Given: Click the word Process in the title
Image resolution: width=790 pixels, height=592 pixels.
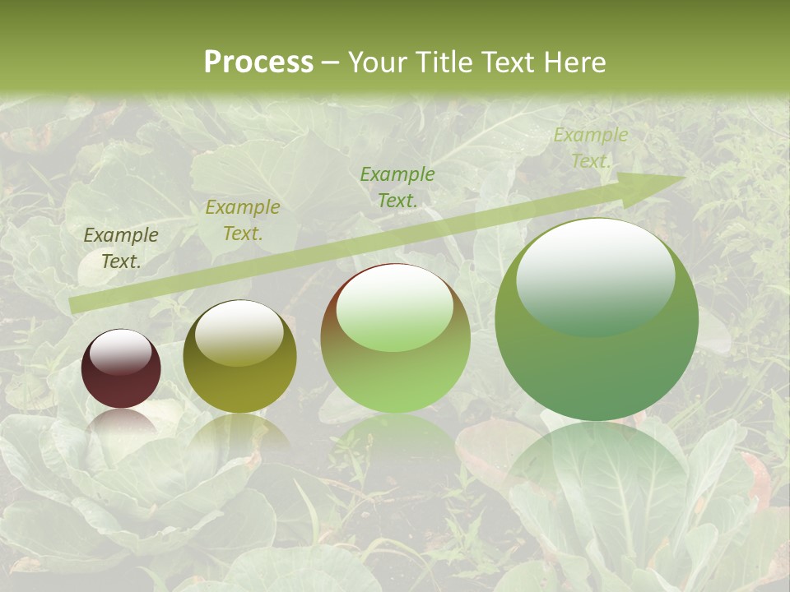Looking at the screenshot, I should click(258, 62).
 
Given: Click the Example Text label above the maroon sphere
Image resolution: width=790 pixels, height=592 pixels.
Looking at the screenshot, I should click(121, 248).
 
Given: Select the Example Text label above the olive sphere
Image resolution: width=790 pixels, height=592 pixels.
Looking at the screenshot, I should click(242, 220).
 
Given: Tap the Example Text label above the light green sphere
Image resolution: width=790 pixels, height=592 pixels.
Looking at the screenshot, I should click(397, 187).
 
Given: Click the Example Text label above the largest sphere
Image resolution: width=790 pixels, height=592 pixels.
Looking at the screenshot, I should click(590, 148).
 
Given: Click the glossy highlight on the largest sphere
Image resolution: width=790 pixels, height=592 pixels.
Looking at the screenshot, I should click(595, 275).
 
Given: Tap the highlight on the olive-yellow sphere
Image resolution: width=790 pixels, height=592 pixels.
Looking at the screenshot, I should click(239, 332).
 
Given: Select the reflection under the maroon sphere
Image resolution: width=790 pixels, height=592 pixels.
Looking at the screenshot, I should click(121, 423).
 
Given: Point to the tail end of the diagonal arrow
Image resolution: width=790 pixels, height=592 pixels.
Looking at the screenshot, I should click(74, 305).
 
